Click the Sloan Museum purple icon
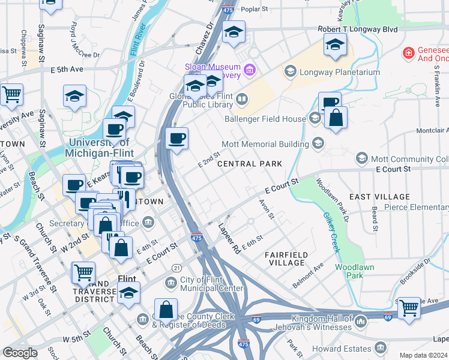coord(250,71)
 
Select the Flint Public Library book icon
coord(242,98)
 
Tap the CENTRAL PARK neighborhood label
coord(249,164)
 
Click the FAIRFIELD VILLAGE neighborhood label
coord(286,259)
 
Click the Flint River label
coord(136,52)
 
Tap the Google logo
coord(20,353)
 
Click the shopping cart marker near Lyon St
coord(11,94)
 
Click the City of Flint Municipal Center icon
coord(172,281)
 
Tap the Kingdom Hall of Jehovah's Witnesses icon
coord(361,322)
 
